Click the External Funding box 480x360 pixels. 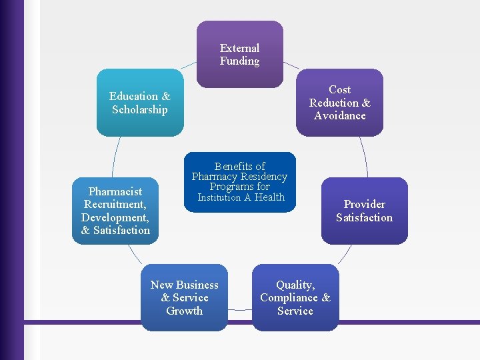click(x=240, y=54)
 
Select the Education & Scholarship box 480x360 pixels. click(x=140, y=103)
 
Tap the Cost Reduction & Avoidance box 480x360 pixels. click(x=340, y=103)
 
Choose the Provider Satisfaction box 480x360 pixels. click(x=364, y=211)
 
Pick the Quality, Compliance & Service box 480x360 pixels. click(x=295, y=297)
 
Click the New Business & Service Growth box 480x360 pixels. click(x=184, y=297)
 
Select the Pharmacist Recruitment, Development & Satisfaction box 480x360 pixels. click(x=115, y=211)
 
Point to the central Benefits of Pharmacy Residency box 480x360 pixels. click(x=239, y=181)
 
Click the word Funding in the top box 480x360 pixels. click(x=240, y=61)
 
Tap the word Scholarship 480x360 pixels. click(x=140, y=110)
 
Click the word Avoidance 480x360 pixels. click(x=340, y=116)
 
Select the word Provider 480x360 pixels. click(x=364, y=204)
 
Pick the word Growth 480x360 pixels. click(x=184, y=311)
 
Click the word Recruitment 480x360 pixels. click(x=115, y=204)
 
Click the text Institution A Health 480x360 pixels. click(x=241, y=197)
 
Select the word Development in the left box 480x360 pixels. click(x=115, y=217)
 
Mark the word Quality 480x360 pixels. click(x=295, y=285)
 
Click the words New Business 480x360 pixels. click(x=184, y=285)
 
